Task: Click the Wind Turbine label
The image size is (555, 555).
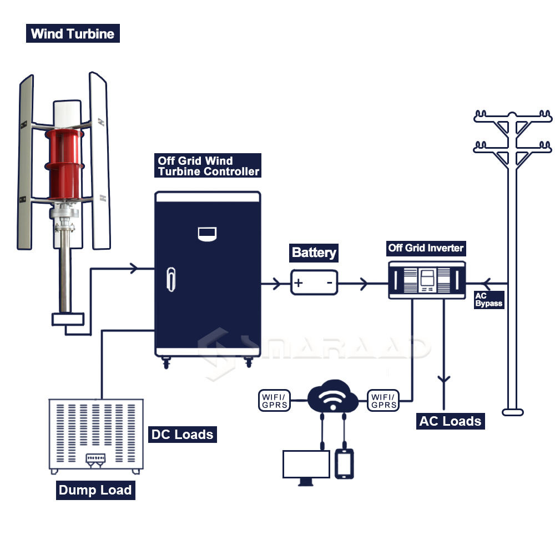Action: click(73, 34)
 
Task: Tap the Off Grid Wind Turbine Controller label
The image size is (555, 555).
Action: click(208, 167)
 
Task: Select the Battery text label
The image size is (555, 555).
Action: click(314, 253)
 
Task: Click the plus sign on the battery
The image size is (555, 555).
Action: click(299, 283)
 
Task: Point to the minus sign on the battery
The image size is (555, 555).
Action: click(329, 283)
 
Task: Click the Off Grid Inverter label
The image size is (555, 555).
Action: click(426, 248)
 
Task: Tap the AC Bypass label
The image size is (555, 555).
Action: click(488, 300)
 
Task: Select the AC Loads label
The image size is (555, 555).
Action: click(450, 421)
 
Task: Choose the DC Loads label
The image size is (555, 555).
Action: click(182, 434)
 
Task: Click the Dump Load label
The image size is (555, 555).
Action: click(95, 491)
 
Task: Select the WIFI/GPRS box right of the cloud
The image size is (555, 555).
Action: click(383, 401)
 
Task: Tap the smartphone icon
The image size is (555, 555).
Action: click(345, 463)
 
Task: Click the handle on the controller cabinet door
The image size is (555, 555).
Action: click(171, 279)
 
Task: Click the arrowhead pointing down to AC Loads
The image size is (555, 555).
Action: click(443, 380)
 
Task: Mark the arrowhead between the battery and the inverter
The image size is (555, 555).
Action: click(363, 284)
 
